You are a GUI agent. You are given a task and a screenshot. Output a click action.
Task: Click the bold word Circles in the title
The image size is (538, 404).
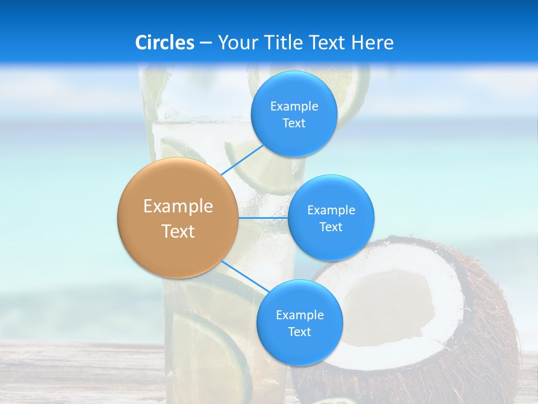pos(165,43)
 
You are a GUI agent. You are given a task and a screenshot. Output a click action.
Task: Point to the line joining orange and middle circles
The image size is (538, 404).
pos(263,217)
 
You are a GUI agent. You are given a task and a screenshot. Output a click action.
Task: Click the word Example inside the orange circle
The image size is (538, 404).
pos(178,206)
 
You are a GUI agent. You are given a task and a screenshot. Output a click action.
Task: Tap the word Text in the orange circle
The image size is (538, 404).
pos(178,231)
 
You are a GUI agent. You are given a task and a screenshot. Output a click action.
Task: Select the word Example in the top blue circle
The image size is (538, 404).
pos(294,107)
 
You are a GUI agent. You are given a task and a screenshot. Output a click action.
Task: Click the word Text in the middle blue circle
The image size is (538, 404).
pos(331,227)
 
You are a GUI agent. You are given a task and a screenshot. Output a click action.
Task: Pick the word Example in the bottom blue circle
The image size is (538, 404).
pos(299,315)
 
